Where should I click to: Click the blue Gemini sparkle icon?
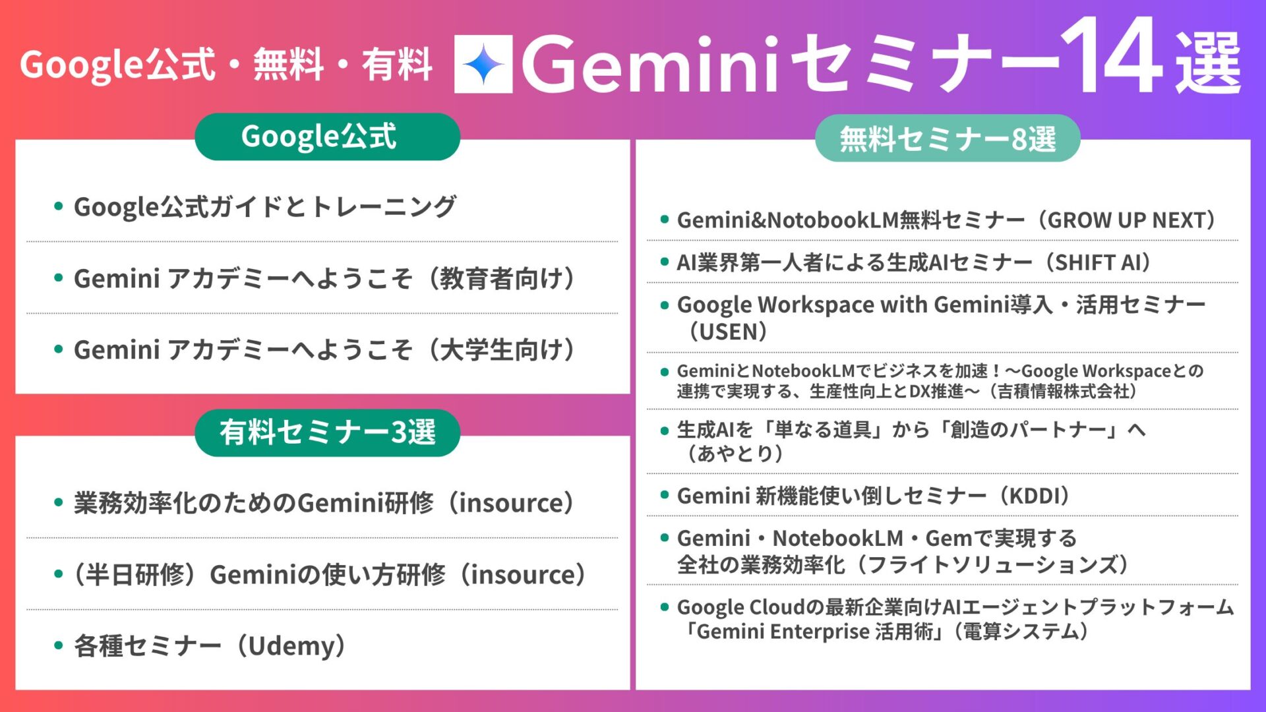(x=483, y=64)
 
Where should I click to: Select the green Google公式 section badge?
(x=327, y=136)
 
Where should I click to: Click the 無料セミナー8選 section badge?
(x=948, y=138)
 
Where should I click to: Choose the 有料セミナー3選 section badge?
(x=327, y=432)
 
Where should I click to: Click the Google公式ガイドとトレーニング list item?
(x=264, y=207)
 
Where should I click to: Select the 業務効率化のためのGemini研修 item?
(x=253, y=503)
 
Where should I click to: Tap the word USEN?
(x=728, y=332)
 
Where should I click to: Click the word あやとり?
(x=735, y=454)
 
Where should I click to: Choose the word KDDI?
(x=1035, y=496)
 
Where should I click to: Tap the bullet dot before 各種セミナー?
(x=59, y=645)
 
